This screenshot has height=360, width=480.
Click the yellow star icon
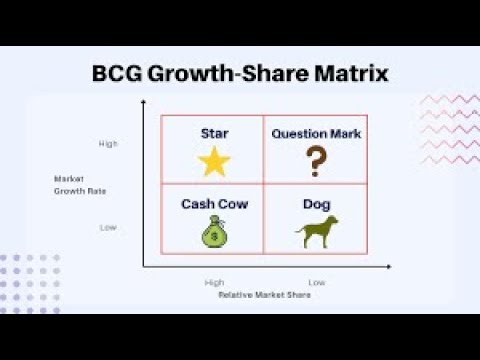coord(213,161)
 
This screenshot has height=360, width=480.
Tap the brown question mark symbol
coord(316,161)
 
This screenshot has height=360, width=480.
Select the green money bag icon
coord(213,235)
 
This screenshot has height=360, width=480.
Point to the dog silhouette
coord(316,232)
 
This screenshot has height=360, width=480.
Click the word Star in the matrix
coord(213,133)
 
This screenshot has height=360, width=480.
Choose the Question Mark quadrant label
coord(316,133)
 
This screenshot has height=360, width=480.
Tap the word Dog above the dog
coord(316,204)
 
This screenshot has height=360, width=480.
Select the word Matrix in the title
coord(351,74)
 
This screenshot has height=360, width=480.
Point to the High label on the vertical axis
coord(108,144)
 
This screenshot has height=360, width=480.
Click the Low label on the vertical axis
coord(108,227)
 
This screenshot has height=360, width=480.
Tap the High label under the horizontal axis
coord(213,282)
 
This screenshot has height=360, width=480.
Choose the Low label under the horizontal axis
coord(316,282)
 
